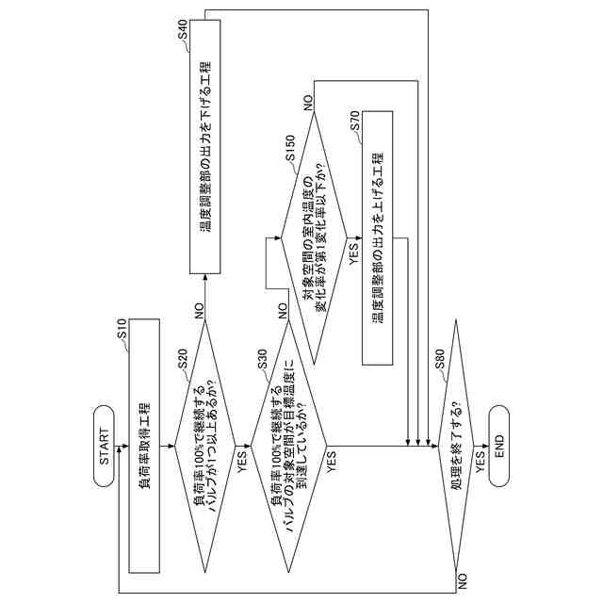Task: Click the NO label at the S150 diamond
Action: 307,101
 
